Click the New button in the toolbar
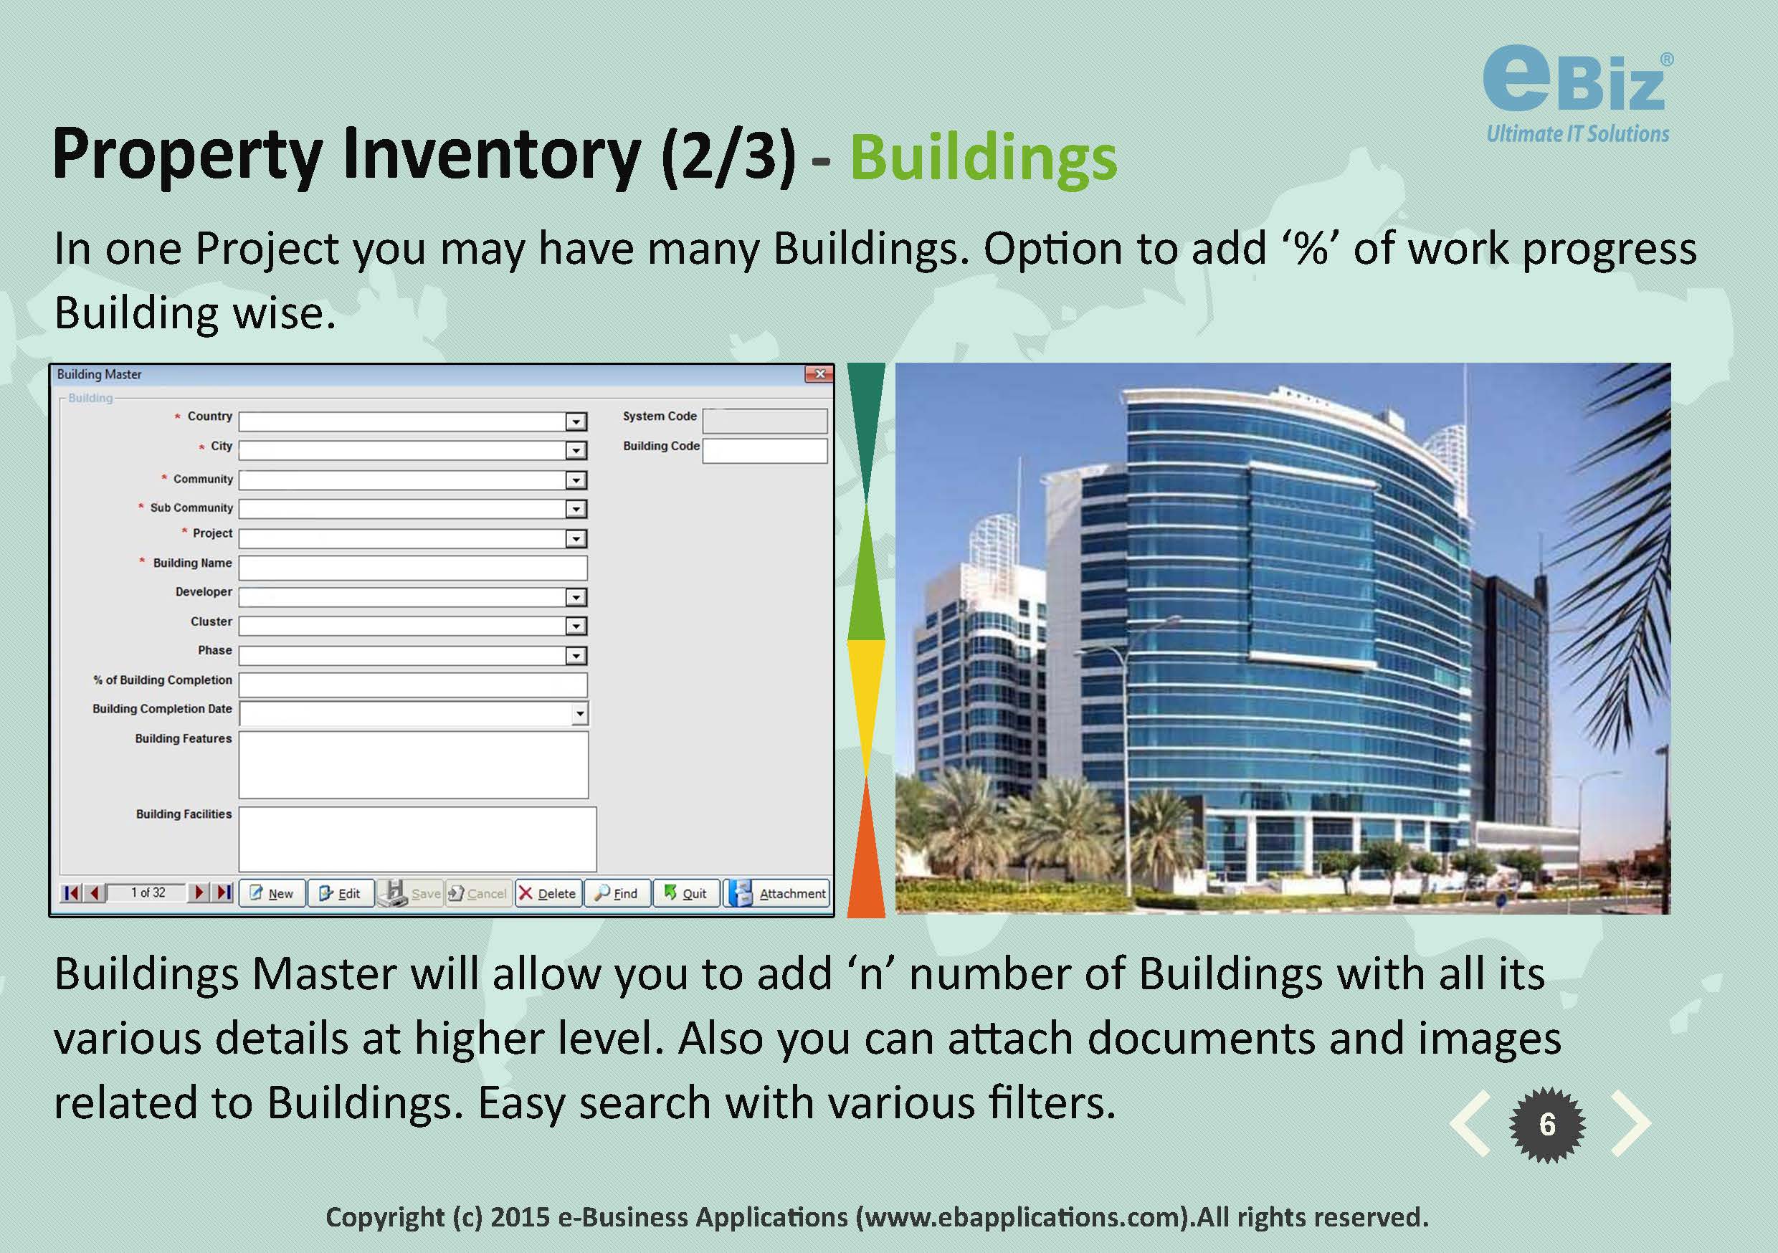[272, 893]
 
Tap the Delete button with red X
[548, 893]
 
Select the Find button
[617, 893]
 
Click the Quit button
[686, 893]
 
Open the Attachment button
[776, 893]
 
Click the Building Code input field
[764, 451]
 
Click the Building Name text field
[413, 568]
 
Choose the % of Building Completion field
[413, 685]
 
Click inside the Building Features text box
[414, 764]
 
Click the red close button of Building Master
[819, 374]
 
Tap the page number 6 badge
[1547, 1125]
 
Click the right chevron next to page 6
[1632, 1124]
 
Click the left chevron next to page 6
[1470, 1124]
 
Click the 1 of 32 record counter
[148, 893]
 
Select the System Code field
[764, 421]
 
